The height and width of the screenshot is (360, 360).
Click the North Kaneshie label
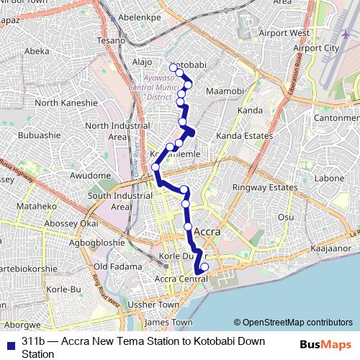tap(66, 103)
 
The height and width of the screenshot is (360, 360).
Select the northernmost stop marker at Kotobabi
tap(174, 68)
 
